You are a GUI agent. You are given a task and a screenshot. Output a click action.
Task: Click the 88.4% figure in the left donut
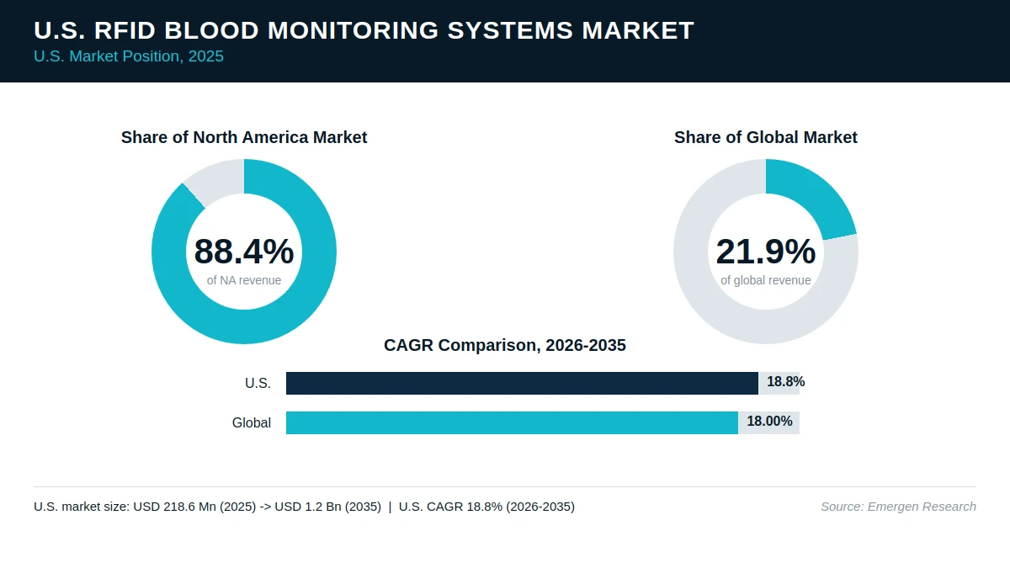(244, 252)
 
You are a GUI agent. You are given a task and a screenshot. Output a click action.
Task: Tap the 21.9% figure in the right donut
(766, 252)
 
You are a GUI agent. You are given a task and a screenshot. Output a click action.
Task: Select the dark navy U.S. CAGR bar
(522, 383)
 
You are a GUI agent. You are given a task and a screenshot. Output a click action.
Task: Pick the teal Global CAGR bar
(513, 422)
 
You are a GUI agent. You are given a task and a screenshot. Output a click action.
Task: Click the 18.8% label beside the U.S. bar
(785, 382)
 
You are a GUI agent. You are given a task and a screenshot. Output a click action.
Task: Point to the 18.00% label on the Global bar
(769, 421)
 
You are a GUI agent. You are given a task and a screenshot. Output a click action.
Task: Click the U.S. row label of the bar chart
(258, 383)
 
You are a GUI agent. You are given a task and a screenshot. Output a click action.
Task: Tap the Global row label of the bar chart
(252, 422)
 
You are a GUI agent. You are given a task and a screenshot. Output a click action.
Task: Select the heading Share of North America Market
(244, 137)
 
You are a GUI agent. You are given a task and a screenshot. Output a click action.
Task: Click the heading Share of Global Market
(766, 137)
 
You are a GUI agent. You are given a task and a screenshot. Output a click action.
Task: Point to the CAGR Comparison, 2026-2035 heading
(504, 345)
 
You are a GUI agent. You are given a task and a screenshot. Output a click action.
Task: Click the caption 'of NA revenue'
(244, 280)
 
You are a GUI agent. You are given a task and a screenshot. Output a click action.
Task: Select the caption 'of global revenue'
(766, 280)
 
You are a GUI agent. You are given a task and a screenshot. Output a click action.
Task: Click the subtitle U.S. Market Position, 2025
(129, 56)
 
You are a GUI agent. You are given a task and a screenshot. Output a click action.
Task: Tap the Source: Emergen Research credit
(898, 507)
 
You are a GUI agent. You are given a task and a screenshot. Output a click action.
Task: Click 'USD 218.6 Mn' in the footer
(175, 507)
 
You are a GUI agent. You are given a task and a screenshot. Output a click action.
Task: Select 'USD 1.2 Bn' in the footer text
(308, 507)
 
